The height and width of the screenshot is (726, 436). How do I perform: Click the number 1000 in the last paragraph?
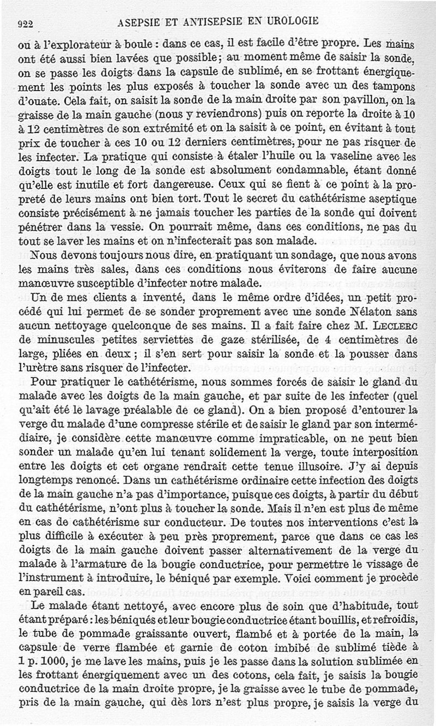click(x=47, y=674)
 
